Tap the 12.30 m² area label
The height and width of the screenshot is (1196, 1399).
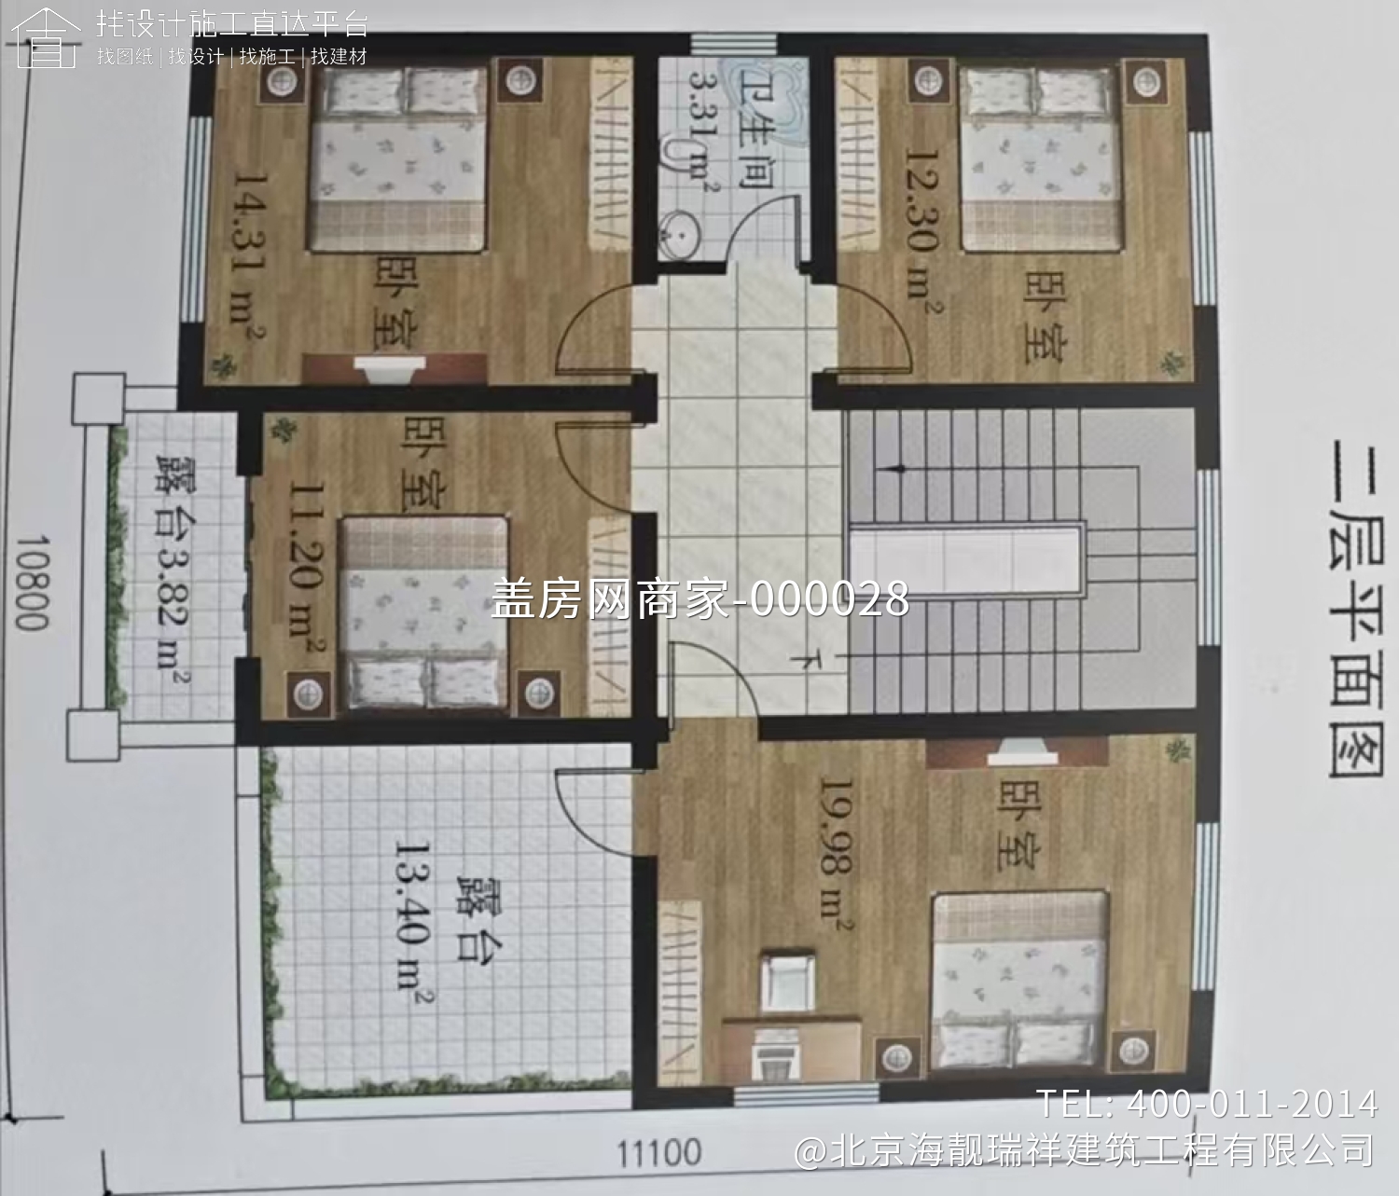921,224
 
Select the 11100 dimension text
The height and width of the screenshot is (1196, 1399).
659,1153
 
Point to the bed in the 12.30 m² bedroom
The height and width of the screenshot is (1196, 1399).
1040,158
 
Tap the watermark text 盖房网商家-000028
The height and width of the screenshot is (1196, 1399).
699,598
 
